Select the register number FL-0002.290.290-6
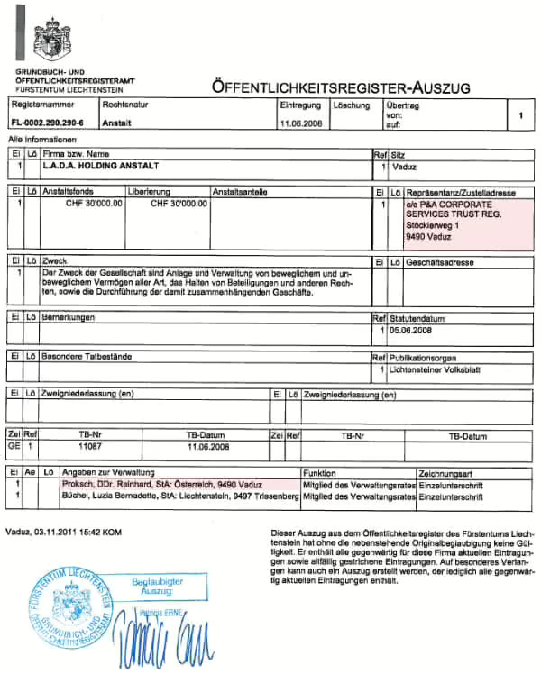point(47,123)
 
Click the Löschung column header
point(352,105)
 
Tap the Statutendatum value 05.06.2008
point(414,331)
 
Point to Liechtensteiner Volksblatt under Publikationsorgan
point(439,370)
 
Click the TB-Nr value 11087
point(92,446)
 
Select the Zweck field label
point(54,261)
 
